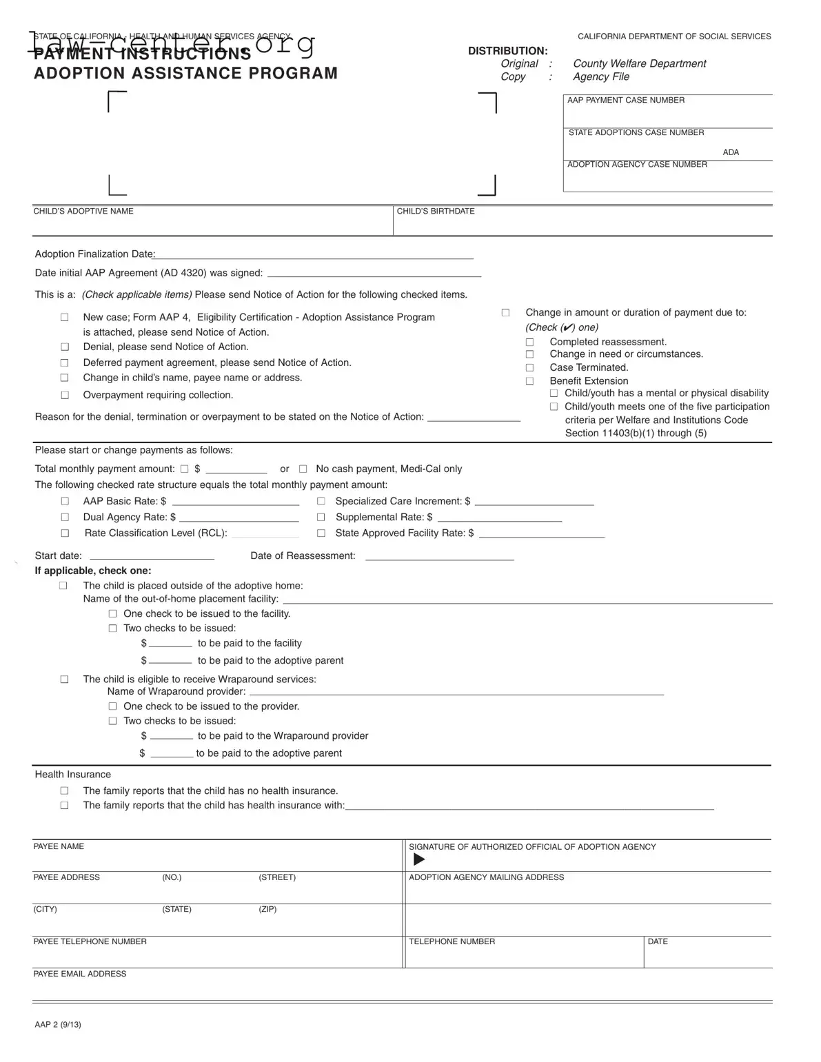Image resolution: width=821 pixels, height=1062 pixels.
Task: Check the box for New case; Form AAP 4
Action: click(x=65, y=318)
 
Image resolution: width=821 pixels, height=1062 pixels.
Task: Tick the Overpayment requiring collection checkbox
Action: click(x=65, y=396)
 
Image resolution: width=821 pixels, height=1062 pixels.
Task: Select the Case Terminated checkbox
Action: click(x=530, y=368)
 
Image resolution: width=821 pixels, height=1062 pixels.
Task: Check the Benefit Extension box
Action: click(x=530, y=381)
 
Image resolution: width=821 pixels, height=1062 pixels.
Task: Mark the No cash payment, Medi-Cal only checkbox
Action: click(x=303, y=469)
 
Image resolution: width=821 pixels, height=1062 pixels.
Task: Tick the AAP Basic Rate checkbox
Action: click(x=65, y=502)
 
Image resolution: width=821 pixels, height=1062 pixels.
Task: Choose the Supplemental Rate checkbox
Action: click(x=321, y=518)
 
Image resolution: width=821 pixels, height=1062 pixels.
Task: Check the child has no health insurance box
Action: click(x=65, y=791)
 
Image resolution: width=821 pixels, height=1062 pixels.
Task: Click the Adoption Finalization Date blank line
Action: click(x=314, y=256)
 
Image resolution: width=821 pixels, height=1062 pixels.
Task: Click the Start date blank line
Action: click(x=152, y=557)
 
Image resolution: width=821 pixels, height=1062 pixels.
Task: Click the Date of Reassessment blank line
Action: click(x=439, y=557)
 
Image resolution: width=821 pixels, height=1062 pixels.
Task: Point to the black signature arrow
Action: click(x=419, y=859)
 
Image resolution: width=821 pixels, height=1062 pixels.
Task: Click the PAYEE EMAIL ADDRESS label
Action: click(x=80, y=974)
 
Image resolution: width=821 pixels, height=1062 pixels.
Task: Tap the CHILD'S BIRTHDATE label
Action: click(x=436, y=212)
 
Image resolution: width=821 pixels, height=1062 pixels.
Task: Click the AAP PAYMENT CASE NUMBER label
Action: click(x=626, y=101)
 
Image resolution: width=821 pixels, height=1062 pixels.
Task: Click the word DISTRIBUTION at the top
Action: click(x=508, y=51)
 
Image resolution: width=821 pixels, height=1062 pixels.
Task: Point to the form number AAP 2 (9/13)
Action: click(x=58, y=1025)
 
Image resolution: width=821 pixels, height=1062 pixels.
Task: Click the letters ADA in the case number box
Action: click(x=731, y=152)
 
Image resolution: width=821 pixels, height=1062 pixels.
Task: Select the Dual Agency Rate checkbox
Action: click(x=65, y=518)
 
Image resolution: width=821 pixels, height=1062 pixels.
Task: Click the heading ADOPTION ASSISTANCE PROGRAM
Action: click(x=186, y=73)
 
